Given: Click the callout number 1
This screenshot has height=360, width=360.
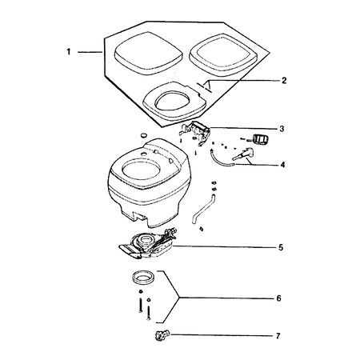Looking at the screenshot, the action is click(69, 52).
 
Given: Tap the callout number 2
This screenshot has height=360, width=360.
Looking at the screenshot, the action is click(284, 81).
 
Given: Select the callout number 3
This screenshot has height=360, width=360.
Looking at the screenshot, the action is click(282, 129).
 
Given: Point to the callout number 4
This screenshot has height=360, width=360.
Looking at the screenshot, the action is click(282, 165).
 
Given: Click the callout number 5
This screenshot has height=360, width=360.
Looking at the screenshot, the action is click(281, 247).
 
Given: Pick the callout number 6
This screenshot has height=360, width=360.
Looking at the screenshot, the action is click(278, 298).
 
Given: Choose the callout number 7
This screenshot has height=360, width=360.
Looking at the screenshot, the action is click(278, 336).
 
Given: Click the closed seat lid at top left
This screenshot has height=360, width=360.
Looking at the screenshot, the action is click(149, 54).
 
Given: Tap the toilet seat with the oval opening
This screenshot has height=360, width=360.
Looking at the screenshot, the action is click(174, 101).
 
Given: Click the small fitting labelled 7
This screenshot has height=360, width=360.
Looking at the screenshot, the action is click(161, 335).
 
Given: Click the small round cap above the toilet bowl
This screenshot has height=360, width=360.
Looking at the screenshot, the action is click(143, 135).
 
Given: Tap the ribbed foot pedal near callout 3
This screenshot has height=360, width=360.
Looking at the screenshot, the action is click(261, 139).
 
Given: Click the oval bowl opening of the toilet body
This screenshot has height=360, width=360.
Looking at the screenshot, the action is click(141, 170).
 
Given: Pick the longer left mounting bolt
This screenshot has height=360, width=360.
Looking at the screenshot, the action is click(140, 306).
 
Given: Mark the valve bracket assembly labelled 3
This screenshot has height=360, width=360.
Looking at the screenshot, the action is click(196, 133).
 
